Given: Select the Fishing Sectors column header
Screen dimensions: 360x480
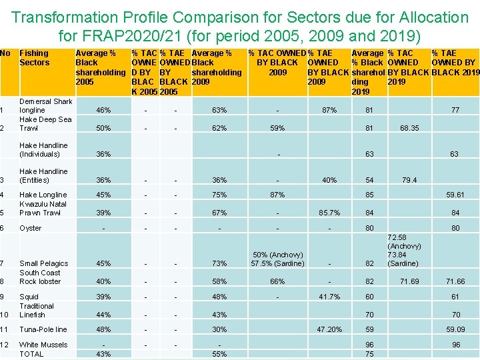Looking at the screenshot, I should [x=35, y=58].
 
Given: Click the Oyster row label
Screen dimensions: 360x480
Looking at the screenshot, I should [x=31, y=228].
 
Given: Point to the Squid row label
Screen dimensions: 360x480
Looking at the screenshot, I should [x=29, y=297].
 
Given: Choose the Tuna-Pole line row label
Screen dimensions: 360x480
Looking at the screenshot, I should [x=43, y=329].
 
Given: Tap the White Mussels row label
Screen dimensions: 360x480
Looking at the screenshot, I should [x=43, y=345].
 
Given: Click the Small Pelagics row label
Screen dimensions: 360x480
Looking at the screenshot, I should [x=44, y=263].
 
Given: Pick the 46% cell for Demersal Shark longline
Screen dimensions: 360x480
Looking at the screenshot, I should [x=103, y=110].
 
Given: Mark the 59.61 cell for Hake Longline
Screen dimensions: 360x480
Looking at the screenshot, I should [x=455, y=195].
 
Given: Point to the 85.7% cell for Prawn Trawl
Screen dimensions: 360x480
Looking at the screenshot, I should [x=329, y=213].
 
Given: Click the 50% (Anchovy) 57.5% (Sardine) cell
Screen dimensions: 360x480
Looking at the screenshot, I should [x=277, y=259].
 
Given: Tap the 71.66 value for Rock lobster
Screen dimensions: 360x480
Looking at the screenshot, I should [x=455, y=281].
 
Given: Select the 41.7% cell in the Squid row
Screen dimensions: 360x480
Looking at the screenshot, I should [x=329, y=297].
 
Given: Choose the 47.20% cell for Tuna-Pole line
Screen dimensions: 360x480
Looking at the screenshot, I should [x=329, y=329].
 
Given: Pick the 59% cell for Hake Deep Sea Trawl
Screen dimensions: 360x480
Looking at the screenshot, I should [x=277, y=128].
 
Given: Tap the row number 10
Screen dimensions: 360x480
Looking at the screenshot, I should [x=5, y=315].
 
